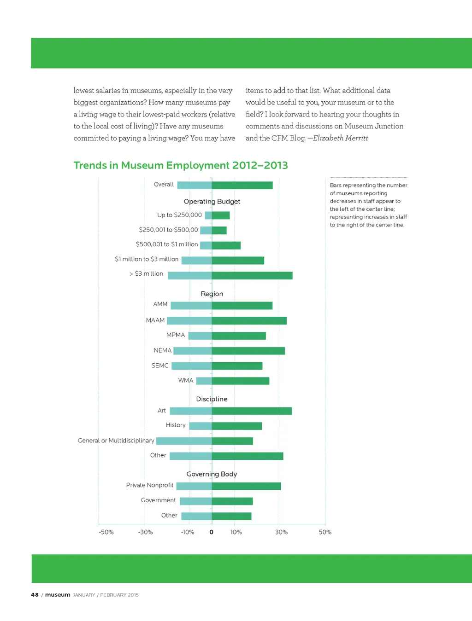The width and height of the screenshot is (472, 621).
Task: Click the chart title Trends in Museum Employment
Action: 181,165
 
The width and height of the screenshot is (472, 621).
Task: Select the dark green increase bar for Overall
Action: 242,185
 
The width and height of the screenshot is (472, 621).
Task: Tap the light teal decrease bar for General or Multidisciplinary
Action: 184,441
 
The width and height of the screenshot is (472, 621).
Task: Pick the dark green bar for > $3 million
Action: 252,275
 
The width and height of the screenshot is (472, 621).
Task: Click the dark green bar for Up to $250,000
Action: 221,215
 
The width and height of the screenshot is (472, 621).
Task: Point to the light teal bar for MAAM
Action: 189,320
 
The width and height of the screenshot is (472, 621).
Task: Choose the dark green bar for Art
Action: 252,411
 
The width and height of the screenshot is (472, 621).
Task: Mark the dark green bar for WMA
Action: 241,381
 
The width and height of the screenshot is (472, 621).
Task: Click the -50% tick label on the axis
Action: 106,532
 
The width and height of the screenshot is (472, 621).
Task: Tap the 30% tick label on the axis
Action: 281,532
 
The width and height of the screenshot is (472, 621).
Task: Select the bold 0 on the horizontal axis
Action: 212,532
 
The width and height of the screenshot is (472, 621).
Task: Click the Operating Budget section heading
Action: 212,202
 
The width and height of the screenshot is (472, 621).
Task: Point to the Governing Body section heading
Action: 212,474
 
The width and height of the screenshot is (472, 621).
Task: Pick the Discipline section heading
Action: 212,399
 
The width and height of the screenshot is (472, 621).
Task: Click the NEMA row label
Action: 162,350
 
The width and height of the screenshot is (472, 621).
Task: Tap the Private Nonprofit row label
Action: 150,485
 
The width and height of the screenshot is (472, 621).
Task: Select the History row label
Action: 176,425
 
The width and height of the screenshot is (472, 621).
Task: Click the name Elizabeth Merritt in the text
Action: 340,138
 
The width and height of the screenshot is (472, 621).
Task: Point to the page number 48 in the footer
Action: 35,595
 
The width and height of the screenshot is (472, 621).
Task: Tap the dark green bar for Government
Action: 232,501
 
